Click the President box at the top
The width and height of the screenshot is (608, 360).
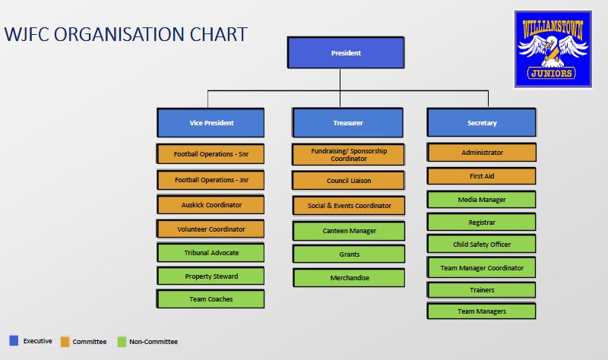click(346, 53)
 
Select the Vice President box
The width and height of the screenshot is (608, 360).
click(211, 123)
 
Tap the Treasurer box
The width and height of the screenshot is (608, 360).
click(347, 123)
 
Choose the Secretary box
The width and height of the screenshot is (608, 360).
click(482, 123)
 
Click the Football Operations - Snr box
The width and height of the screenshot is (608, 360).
click(211, 154)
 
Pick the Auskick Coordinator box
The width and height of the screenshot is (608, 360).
click(211, 205)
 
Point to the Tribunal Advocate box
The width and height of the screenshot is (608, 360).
click(211, 253)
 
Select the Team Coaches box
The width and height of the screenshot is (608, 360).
click(211, 299)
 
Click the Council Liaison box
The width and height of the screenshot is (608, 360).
click(349, 181)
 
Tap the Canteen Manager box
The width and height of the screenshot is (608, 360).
click(350, 230)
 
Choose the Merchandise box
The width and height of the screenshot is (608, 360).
click(350, 278)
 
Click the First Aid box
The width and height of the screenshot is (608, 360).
click(482, 176)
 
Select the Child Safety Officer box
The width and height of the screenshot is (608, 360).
click(482, 245)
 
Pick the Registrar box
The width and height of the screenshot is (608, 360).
click(482, 223)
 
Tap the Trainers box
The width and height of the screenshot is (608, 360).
click(482, 290)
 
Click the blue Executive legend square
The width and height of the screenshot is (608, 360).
click(14, 341)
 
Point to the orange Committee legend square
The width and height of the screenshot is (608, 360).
click(65, 342)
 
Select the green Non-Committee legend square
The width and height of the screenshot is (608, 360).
click(122, 342)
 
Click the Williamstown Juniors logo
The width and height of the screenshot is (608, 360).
click(553, 49)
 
